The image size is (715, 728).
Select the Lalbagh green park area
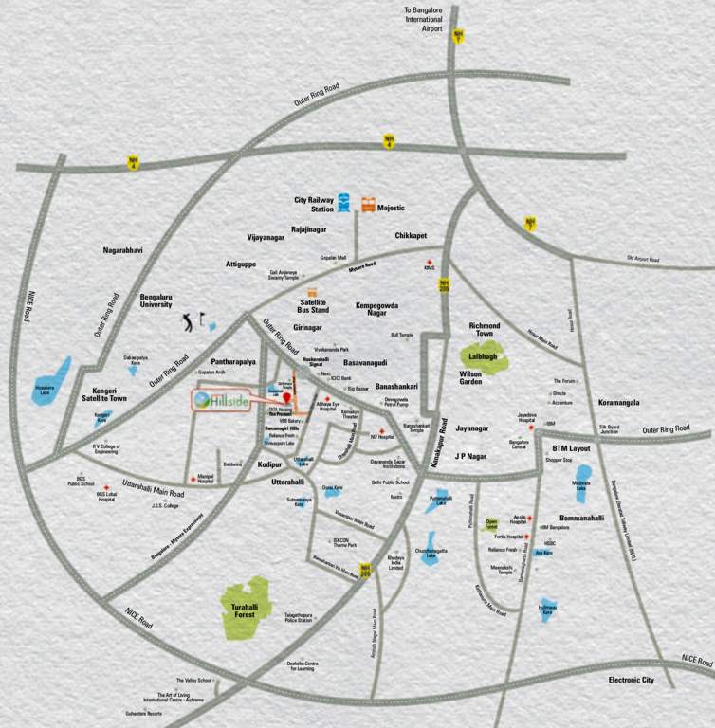tap(482, 357)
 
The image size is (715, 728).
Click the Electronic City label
tap(631, 680)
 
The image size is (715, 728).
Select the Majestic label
tap(391, 208)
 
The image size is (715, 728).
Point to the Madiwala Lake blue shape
tap(582, 476)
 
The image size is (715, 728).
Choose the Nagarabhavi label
tap(122, 250)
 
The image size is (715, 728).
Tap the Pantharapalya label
tap(215, 362)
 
